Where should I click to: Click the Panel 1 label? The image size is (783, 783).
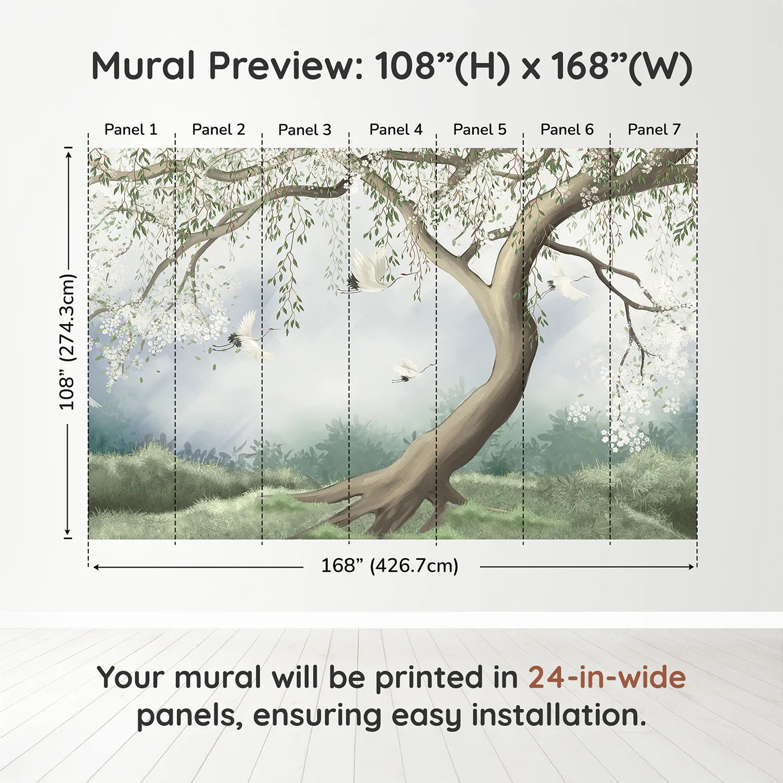click(131, 130)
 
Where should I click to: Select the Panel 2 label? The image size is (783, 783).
click(219, 130)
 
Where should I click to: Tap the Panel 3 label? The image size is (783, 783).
click(305, 130)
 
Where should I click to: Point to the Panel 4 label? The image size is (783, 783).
click(396, 130)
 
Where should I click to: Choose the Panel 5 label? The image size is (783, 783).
click(480, 130)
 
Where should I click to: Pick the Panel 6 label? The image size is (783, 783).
click(567, 130)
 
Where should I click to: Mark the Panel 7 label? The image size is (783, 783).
click(654, 130)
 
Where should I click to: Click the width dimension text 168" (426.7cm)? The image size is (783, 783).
click(390, 566)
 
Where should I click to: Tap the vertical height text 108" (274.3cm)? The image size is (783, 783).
click(68, 342)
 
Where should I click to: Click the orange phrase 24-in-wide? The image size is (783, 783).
click(607, 677)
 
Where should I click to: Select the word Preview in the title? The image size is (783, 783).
click(285, 66)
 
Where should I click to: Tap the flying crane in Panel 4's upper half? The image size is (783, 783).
click(372, 272)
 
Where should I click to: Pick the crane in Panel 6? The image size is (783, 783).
click(568, 285)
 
